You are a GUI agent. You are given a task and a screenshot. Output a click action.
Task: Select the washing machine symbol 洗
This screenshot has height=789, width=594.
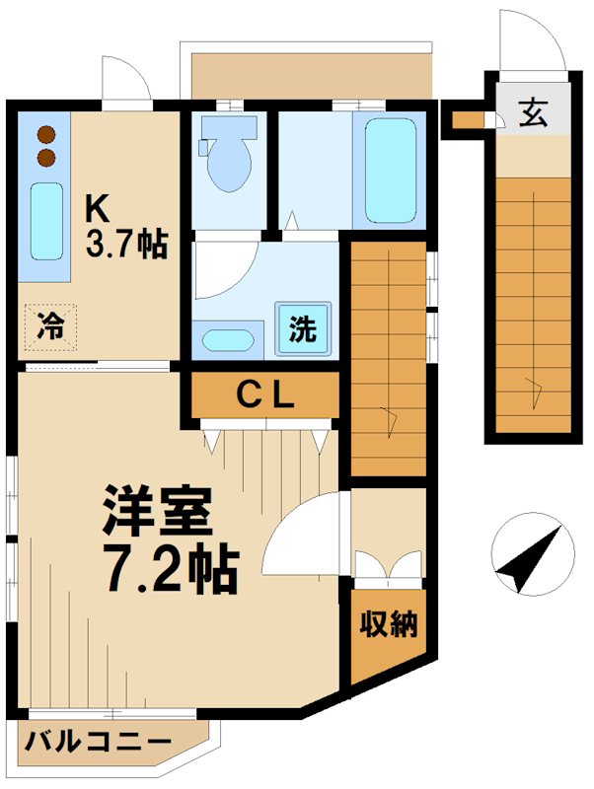[x=303, y=328]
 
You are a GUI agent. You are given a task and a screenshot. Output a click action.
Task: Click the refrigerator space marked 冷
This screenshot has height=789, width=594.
[x=49, y=326]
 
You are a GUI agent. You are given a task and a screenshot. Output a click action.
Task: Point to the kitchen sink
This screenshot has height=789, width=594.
[x=44, y=222]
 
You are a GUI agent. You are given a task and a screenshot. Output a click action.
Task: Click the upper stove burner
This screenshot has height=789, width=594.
[x=44, y=136]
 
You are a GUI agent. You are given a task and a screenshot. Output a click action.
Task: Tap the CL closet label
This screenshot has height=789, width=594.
[x=264, y=396]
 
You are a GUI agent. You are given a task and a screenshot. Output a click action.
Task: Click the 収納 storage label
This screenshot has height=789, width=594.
[x=388, y=624]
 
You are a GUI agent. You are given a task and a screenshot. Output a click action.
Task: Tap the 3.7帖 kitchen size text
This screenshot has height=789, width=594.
[x=125, y=244]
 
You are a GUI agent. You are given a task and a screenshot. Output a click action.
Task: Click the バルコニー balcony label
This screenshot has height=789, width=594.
[x=99, y=741]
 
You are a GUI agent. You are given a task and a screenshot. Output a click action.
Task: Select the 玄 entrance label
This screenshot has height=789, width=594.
[x=531, y=115]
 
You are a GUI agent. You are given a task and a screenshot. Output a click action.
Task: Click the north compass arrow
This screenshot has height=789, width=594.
[x=531, y=560]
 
